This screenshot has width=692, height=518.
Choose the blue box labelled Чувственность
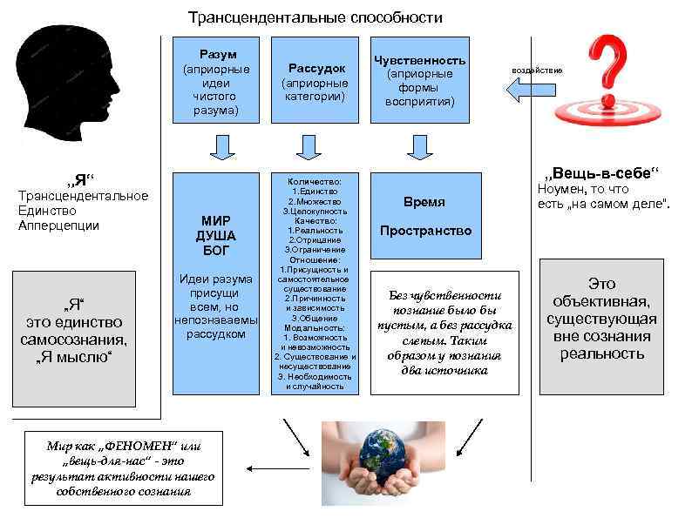coord(419,81)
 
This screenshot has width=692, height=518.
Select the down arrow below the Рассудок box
coord(309,148)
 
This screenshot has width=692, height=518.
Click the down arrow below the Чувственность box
coord(420,148)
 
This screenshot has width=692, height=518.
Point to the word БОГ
coord(217,251)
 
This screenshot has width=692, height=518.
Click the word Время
coord(424,202)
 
